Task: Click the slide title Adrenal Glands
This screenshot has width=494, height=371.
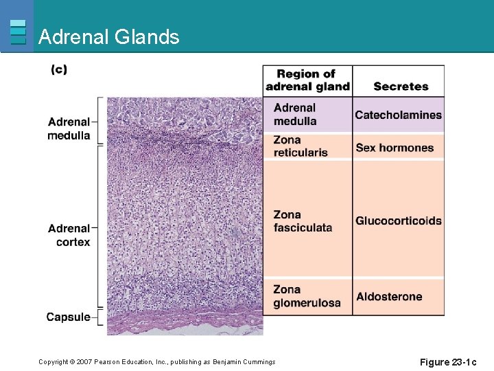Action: (108, 37)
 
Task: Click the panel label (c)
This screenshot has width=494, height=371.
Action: (59, 70)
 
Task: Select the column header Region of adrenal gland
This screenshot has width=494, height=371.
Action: (307, 80)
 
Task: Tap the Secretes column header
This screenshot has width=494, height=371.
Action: (401, 87)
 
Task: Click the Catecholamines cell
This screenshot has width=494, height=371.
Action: (398, 115)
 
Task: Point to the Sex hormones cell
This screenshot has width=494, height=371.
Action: (395, 148)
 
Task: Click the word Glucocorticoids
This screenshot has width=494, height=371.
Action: (398, 221)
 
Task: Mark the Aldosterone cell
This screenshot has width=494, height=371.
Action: (389, 297)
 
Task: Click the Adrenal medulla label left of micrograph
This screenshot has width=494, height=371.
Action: (69, 128)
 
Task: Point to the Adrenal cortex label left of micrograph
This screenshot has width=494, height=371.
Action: (69, 235)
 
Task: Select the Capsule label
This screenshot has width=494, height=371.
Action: (68, 317)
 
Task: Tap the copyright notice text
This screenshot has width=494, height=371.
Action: (156, 362)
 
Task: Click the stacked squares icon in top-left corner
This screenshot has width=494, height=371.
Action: (18, 32)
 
